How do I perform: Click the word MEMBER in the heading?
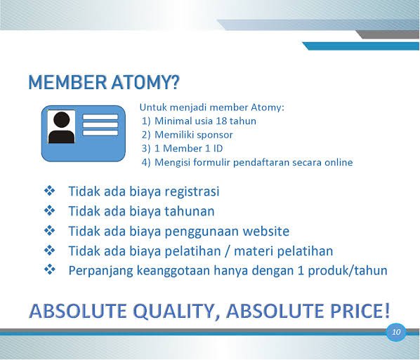pyautogui.click(x=67, y=82)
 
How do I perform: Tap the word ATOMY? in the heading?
pyautogui.click(x=145, y=82)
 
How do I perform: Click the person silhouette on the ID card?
pyautogui.click(x=61, y=127)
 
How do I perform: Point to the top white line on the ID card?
pyautogui.click(x=100, y=117)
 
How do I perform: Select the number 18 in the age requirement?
pyautogui.click(x=221, y=121)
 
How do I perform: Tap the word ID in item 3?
pyautogui.click(x=218, y=149)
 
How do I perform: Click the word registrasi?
pyautogui.click(x=192, y=192)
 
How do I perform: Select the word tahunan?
pyautogui.click(x=190, y=211)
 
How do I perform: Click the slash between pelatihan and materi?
pyautogui.click(x=228, y=251)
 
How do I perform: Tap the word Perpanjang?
pyautogui.click(x=100, y=271)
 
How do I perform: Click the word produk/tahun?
pyautogui.click(x=348, y=270)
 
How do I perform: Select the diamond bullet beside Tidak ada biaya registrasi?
pyautogui.click(x=50, y=191)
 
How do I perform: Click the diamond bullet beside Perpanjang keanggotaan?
pyautogui.click(x=50, y=269)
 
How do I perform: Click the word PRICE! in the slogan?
pyautogui.click(x=360, y=311)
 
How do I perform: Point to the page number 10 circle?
pyautogui.click(x=396, y=332)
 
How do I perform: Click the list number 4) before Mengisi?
pyautogui.click(x=146, y=163)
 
